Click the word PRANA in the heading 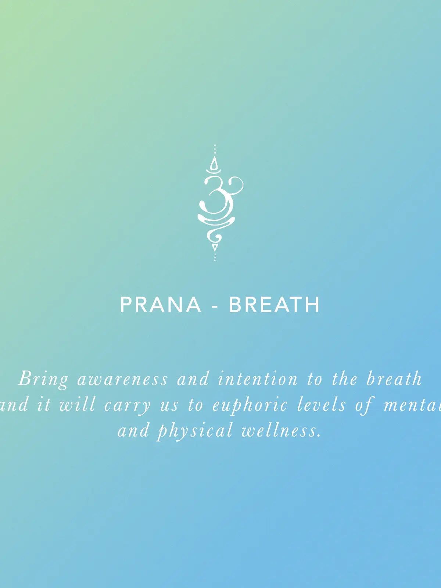pyautogui.click(x=161, y=304)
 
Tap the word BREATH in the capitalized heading pyautogui.click(x=275, y=304)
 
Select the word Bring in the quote pyautogui.click(x=43, y=379)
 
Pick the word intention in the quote pyautogui.click(x=258, y=379)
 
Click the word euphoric pyautogui.click(x=250, y=405)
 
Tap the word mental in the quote pyautogui.click(x=412, y=405)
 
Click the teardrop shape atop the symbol pyautogui.click(x=214, y=163)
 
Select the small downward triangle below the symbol pyautogui.click(x=215, y=247)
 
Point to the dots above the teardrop pyautogui.click(x=215, y=149)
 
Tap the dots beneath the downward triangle pyautogui.click(x=215, y=257)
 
